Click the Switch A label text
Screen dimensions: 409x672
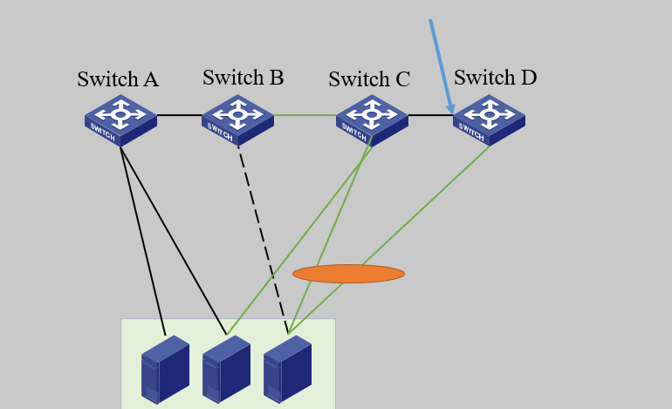118,79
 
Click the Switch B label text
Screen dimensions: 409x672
243,78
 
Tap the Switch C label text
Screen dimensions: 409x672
369,79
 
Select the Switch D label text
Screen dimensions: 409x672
495,78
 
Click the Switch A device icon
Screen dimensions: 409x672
120,119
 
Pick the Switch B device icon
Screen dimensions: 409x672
237,119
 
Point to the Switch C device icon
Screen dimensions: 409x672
372,119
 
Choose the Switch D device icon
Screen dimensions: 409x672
489,119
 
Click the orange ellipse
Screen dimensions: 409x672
348,274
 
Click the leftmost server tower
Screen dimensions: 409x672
165,370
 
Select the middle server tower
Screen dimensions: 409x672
226,370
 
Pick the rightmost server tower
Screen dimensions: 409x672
287,370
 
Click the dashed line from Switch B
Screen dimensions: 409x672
262,235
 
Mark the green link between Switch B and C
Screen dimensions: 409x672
305,115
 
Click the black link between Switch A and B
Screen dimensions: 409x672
179,115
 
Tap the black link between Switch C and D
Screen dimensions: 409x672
430,115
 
